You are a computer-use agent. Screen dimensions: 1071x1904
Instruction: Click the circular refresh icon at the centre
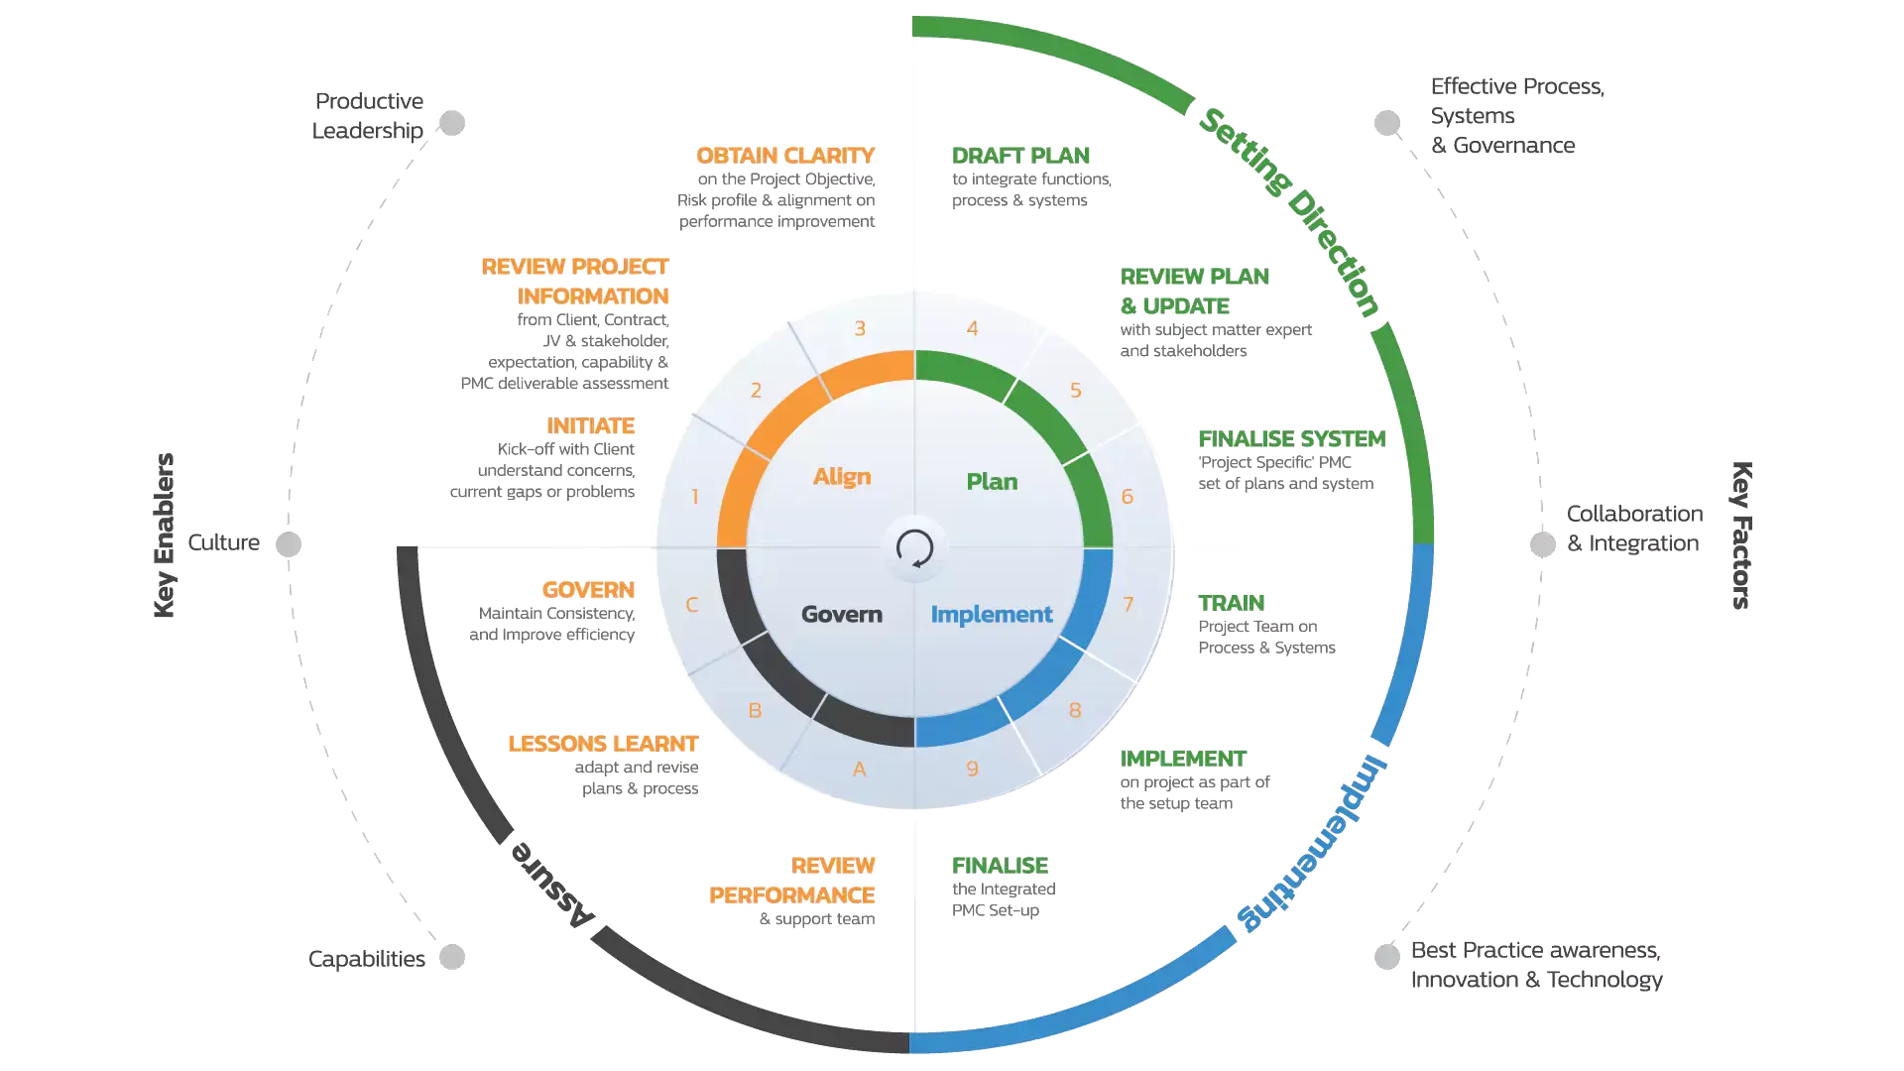[x=914, y=547]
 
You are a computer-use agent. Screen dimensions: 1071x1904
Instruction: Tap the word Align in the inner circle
[x=842, y=477]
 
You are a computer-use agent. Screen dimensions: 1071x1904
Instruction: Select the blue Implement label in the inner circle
[x=991, y=615]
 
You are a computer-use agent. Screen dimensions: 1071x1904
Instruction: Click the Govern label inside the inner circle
[x=842, y=615]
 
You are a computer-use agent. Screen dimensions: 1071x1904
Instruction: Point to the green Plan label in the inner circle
[x=992, y=482]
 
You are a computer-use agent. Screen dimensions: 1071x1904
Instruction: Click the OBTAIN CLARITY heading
[x=784, y=156]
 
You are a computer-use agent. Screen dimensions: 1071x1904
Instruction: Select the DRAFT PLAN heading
[x=1020, y=156]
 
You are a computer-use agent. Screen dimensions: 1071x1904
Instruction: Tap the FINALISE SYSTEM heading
[x=1291, y=438]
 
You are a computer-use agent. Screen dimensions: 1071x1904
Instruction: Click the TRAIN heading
[x=1231, y=603]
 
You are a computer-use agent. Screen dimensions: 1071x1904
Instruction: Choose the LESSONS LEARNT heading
[x=603, y=744]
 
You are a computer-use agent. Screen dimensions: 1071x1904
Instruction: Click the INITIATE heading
[x=590, y=425]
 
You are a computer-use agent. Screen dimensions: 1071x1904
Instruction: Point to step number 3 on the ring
[x=860, y=328]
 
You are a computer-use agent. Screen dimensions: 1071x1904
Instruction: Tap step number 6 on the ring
[x=1127, y=497]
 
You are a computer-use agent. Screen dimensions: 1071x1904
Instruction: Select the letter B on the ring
[x=755, y=711]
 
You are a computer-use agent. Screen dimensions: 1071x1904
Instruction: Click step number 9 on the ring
[x=972, y=769]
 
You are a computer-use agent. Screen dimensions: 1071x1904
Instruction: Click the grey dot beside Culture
[x=289, y=544]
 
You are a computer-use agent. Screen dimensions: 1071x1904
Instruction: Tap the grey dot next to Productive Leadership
[x=452, y=123]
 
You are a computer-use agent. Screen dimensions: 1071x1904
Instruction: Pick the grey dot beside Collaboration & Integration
[x=1543, y=544]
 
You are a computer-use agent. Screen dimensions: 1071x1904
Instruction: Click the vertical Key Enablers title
[x=165, y=535]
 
